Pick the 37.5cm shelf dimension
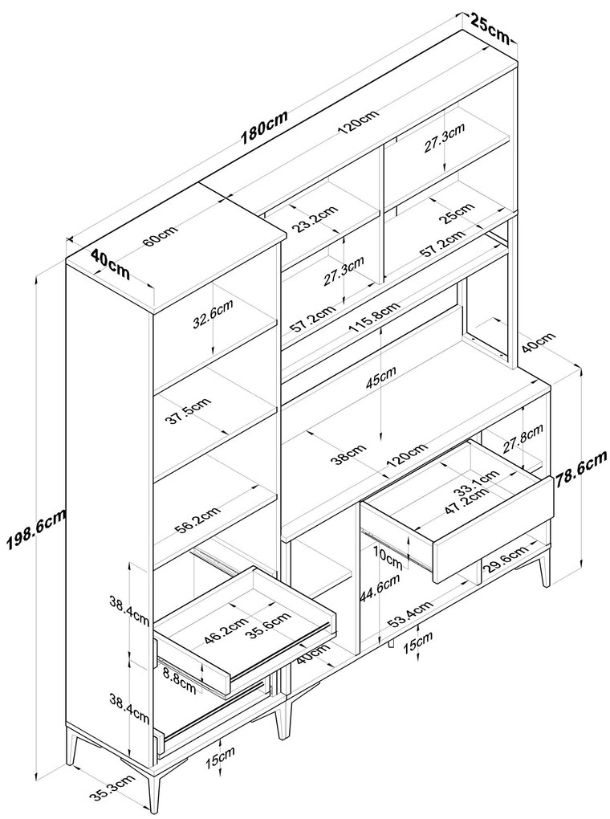point(190,412)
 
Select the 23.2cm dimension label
point(315,218)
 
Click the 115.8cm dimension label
point(374,319)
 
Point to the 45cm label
point(381,379)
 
